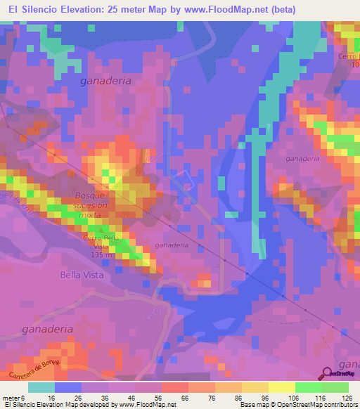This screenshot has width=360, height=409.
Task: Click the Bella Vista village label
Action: (82, 275)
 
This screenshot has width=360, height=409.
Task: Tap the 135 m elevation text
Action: (101, 255)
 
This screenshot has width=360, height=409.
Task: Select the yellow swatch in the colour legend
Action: (281, 387)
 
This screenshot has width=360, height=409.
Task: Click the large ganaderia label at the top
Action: (106, 81)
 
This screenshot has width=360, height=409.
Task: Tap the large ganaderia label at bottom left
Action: (48, 328)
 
